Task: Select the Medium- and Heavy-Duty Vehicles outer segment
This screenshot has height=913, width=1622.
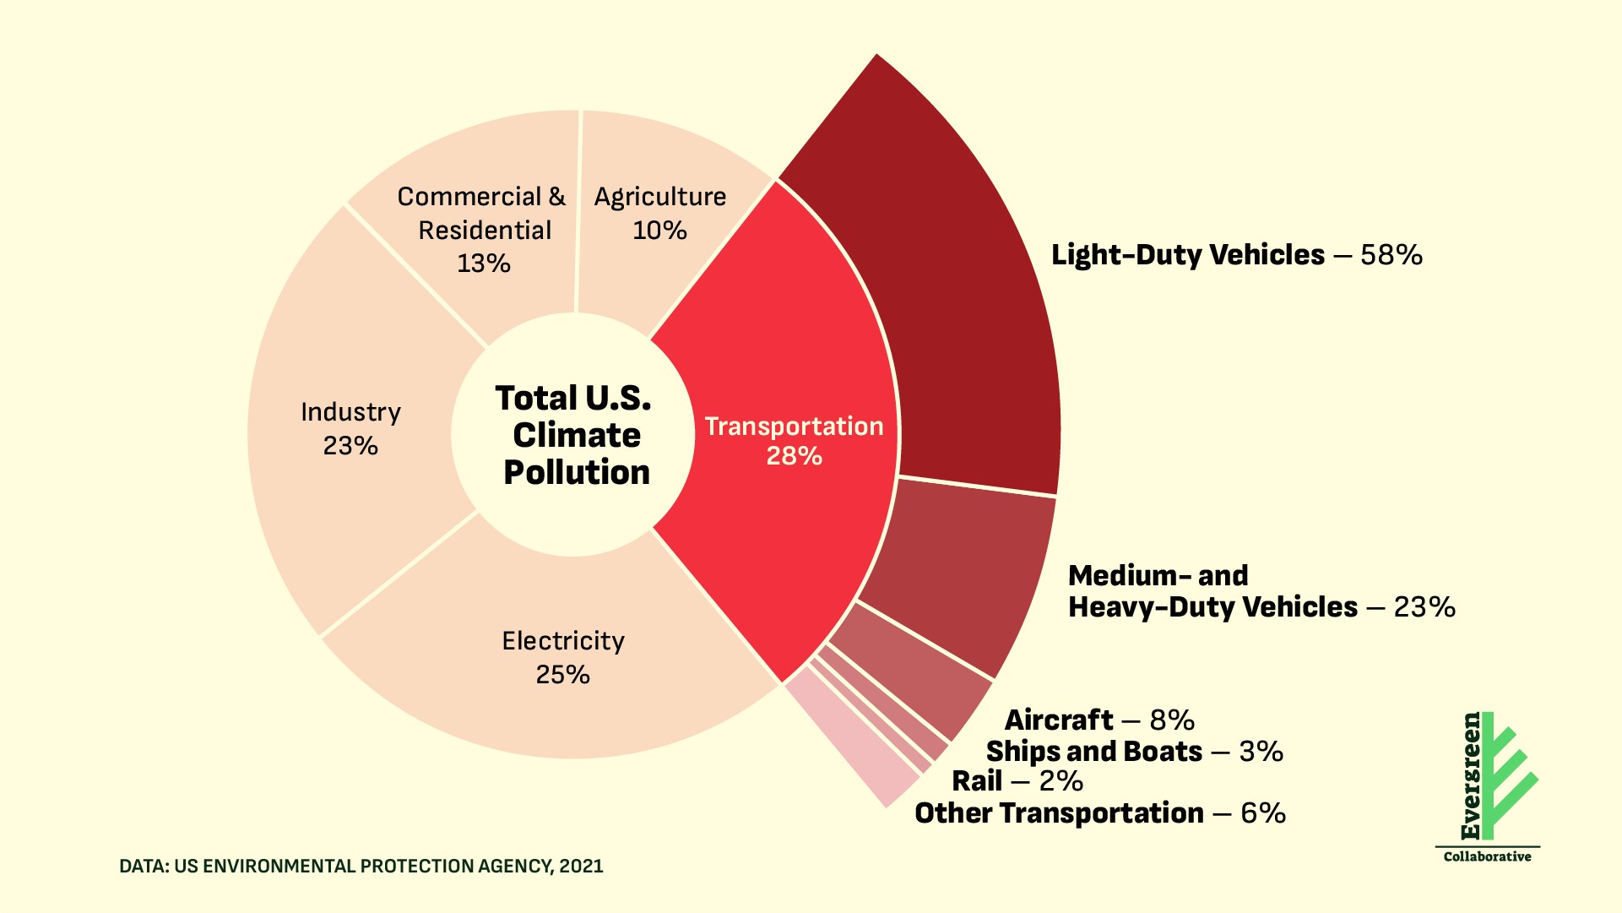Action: point(963,566)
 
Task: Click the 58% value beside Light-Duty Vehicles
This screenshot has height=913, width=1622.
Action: point(1391,254)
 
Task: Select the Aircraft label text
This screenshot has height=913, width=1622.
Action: point(1059,720)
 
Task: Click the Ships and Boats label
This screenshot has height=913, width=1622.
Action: point(1093,751)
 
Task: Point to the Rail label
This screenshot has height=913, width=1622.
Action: point(977,780)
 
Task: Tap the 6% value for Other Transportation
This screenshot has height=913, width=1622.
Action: point(1263,812)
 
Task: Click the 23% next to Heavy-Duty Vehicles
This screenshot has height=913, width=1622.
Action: point(1424,606)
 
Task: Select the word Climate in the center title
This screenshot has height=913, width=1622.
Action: point(577,435)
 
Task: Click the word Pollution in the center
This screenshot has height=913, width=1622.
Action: point(577,472)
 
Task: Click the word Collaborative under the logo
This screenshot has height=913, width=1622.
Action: point(1487,856)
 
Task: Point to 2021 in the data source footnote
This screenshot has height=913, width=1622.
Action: point(581,866)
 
